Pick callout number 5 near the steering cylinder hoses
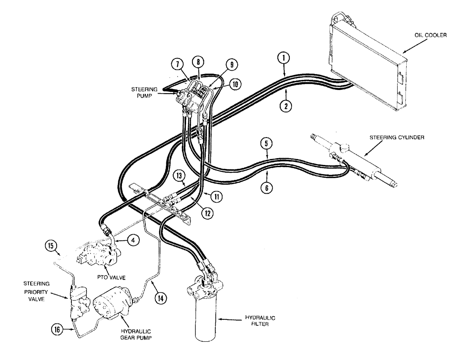(x=268, y=144)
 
